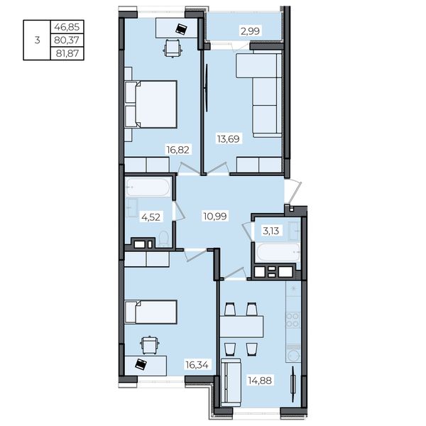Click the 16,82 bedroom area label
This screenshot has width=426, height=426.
point(178,149)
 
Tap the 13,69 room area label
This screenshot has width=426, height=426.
point(228,139)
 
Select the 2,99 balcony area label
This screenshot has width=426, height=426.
point(250,31)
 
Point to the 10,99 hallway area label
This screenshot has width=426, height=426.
point(215,217)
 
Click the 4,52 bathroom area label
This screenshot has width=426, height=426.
point(151,217)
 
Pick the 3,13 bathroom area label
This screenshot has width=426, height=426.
point(271,231)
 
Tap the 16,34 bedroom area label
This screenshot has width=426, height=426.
point(197,365)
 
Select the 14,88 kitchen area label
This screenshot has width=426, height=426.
point(260,381)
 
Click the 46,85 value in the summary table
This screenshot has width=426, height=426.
point(67,27)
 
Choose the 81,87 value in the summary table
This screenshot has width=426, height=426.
point(67,53)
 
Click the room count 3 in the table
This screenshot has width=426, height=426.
point(37,40)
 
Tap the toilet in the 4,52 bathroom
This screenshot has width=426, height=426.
point(164,239)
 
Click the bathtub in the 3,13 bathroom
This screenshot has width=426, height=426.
point(278,252)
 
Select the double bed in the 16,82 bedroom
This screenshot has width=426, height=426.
point(151,104)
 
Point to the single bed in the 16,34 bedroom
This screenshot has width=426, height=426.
point(151,312)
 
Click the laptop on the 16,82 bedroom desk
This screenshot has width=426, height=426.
point(181,29)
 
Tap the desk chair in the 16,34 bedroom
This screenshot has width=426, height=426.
point(149,345)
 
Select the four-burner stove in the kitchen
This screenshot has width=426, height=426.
point(293,320)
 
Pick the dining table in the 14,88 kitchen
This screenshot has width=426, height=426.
point(241,327)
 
